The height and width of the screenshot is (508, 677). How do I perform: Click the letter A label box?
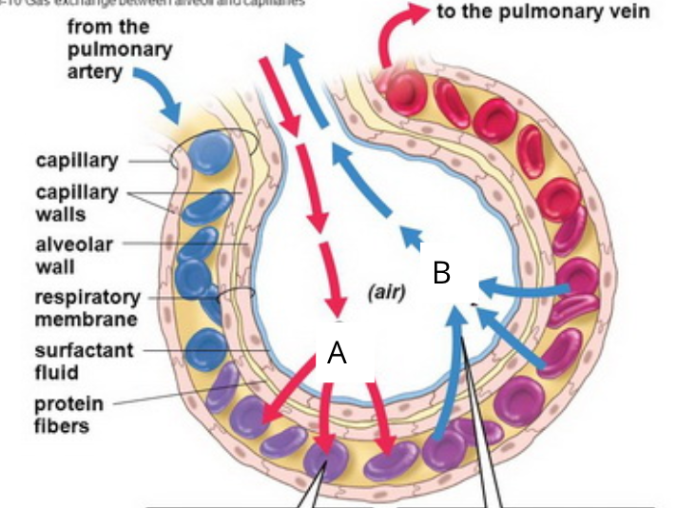pyautogui.click(x=336, y=353)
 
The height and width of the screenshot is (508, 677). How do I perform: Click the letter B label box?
pyautogui.click(x=440, y=273)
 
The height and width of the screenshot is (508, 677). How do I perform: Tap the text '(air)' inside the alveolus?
pyautogui.click(x=387, y=293)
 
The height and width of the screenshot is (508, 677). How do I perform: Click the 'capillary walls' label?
pyautogui.click(x=77, y=203)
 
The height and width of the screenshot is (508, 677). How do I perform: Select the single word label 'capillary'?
pyautogui.click(x=77, y=160)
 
